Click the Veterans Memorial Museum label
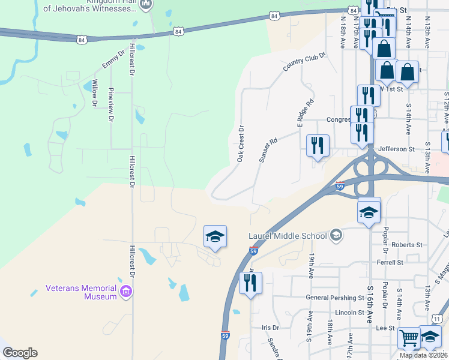coord(83,293)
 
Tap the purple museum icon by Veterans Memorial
coord(125,292)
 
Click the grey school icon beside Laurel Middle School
coord(336,235)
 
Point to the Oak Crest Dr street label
coord(241,143)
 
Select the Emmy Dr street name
coord(113,59)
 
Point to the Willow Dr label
coord(95,94)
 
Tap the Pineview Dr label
coord(110,105)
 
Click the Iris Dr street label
coord(271,328)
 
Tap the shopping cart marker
coord(409,339)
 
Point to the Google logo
coord(20,353)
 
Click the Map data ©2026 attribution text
coord(424,355)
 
